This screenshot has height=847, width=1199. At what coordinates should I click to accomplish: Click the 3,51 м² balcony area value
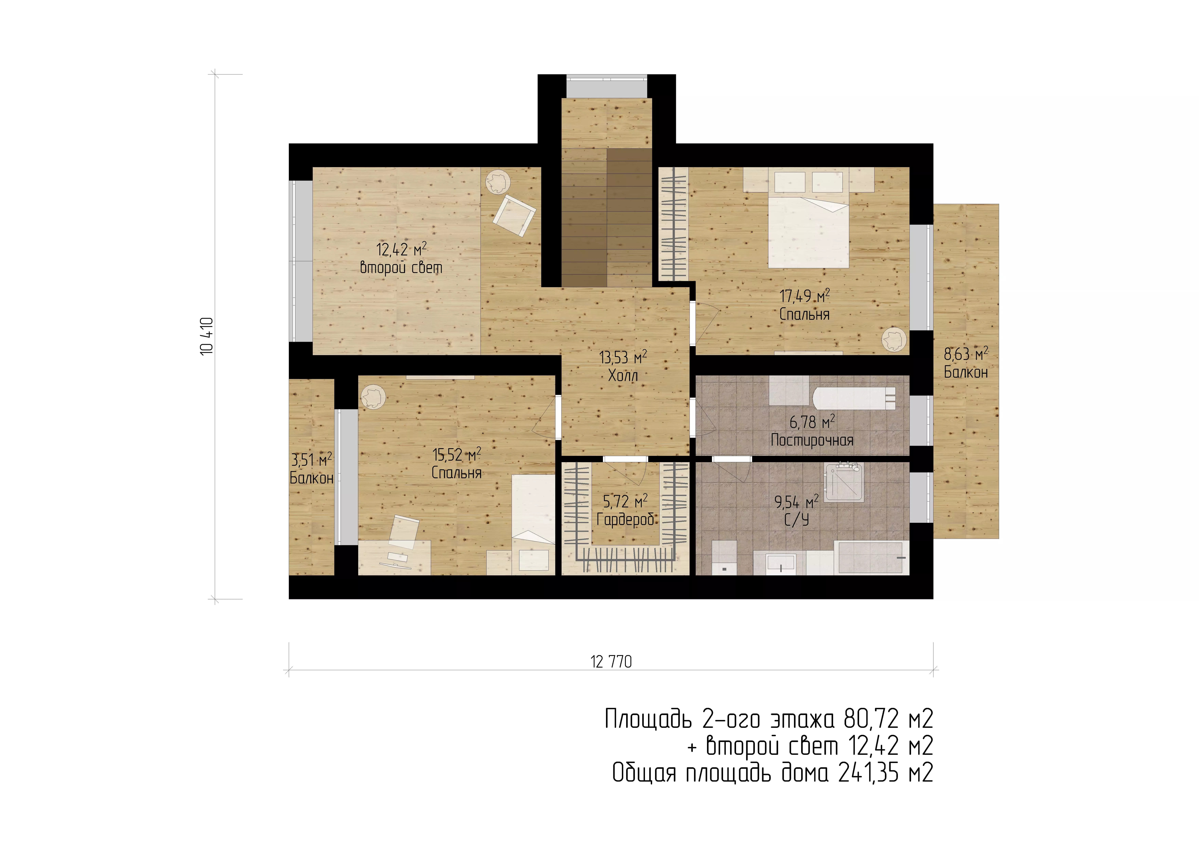(311, 460)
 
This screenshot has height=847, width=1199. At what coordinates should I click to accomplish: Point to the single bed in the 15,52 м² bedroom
(533, 524)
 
